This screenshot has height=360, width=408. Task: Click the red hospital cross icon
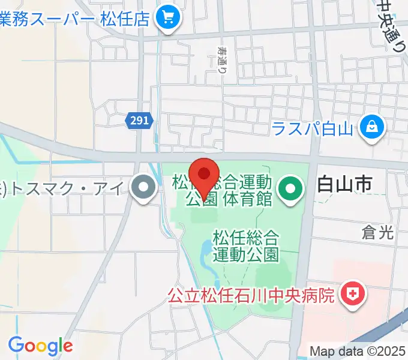(x=350, y=295)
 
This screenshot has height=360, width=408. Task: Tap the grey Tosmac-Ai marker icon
(x=143, y=190)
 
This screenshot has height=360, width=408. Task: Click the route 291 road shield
(x=139, y=121)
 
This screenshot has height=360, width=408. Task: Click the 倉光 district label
(x=378, y=233)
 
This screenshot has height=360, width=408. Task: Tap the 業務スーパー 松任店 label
(x=74, y=18)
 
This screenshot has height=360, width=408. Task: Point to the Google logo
(x=40, y=345)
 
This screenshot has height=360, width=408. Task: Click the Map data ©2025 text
(x=358, y=351)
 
